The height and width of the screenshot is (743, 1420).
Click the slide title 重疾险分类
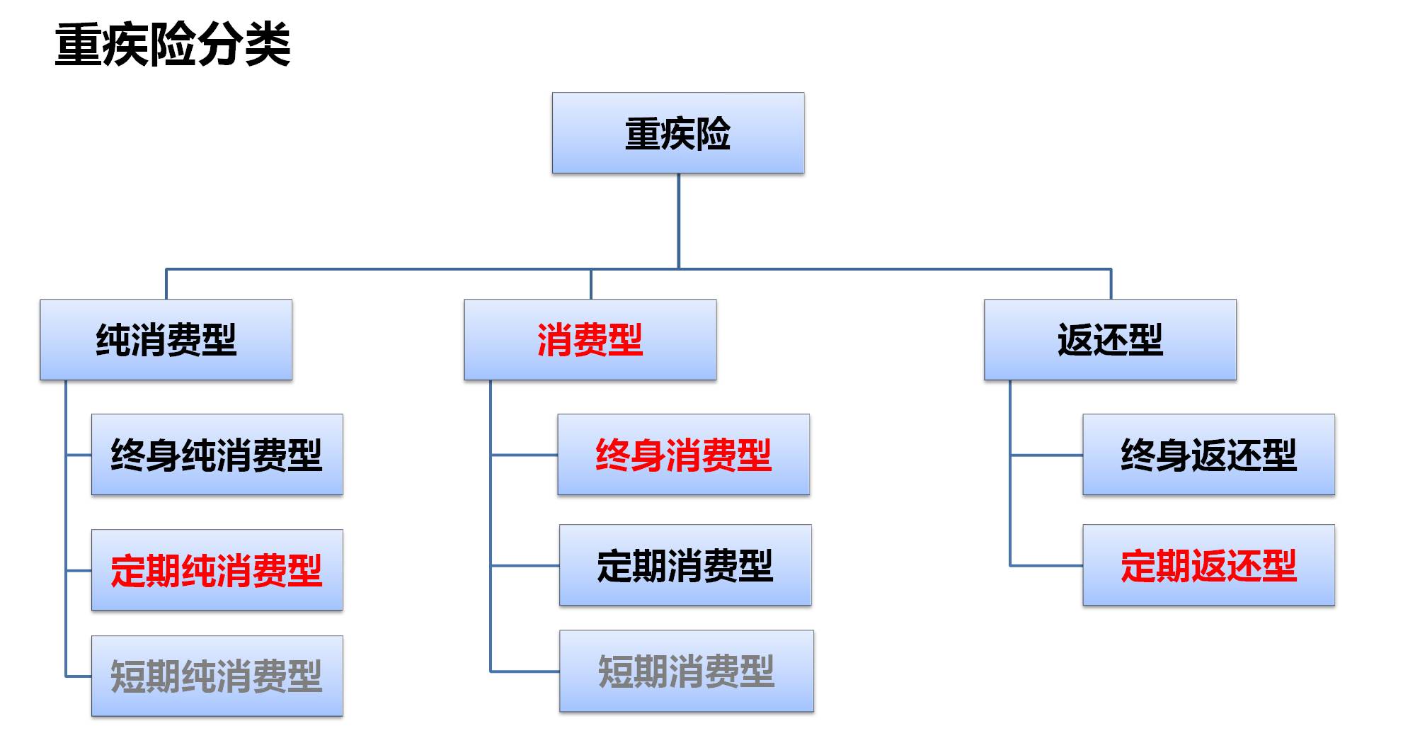click(x=173, y=44)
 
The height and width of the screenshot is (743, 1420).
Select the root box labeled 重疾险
click(x=677, y=133)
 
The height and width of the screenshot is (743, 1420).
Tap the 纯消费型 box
click(x=166, y=340)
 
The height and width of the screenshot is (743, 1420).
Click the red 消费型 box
click(x=590, y=340)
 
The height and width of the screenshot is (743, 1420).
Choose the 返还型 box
click(x=1109, y=340)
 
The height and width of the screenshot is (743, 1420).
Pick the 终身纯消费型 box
click(x=217, y=455)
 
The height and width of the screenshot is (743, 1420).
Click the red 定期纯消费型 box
click(x=217, y=570)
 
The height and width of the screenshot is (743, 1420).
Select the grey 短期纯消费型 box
click(x=217, y=676)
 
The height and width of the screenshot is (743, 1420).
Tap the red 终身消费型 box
click(x=683, y=455)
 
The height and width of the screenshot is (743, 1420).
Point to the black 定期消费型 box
click(x=685, y=565)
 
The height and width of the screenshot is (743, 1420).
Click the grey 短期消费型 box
click(x=686, y=671)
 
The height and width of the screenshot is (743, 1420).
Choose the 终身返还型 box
click(x=1208, y=455)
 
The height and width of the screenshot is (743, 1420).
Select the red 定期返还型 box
click(x=1208, y=565)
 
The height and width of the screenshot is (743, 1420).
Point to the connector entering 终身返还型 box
click(x=1046, y=455)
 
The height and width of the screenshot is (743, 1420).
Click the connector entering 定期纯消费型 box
click(x=79, y=570)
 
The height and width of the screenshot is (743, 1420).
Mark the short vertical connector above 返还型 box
click(x=1111, y=284)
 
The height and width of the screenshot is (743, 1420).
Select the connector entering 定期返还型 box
click(x=1046, y=565)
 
